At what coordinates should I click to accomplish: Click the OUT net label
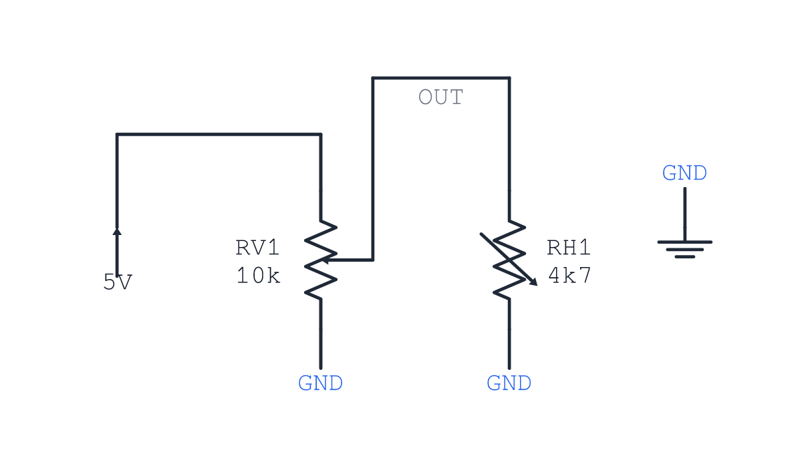(x=440, y=97)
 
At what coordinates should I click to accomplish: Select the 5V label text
(x=118, y=282)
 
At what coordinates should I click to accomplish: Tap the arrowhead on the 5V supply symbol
(x=117, y=232)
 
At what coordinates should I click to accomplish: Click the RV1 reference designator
(x=257, y=248)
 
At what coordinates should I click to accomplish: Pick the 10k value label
(x=258, y=276)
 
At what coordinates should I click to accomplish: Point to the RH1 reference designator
(x=569, y=248)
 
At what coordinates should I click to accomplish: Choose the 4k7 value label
(x=569, y=276)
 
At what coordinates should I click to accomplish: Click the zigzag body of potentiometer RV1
(x=320, y=260)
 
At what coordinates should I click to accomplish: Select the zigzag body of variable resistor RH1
(x=509, y=260)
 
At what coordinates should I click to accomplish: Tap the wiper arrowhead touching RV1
(x=325, y=260)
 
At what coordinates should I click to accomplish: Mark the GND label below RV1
(x=320, y=383)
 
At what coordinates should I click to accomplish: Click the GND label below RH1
(x=509, y=383)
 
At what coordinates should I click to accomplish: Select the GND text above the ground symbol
(x=684, y=173)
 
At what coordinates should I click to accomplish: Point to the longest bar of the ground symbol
(x=684, y=242)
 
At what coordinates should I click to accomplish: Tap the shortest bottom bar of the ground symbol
(x=684, y=257)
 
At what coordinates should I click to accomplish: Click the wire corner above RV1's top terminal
(x=320, y=134)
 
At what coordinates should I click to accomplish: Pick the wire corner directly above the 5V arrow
(x=117, y=134)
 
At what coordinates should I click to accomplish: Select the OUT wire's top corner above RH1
(x=509, y=77)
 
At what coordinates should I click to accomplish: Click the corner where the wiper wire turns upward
(x=373, y=260)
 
